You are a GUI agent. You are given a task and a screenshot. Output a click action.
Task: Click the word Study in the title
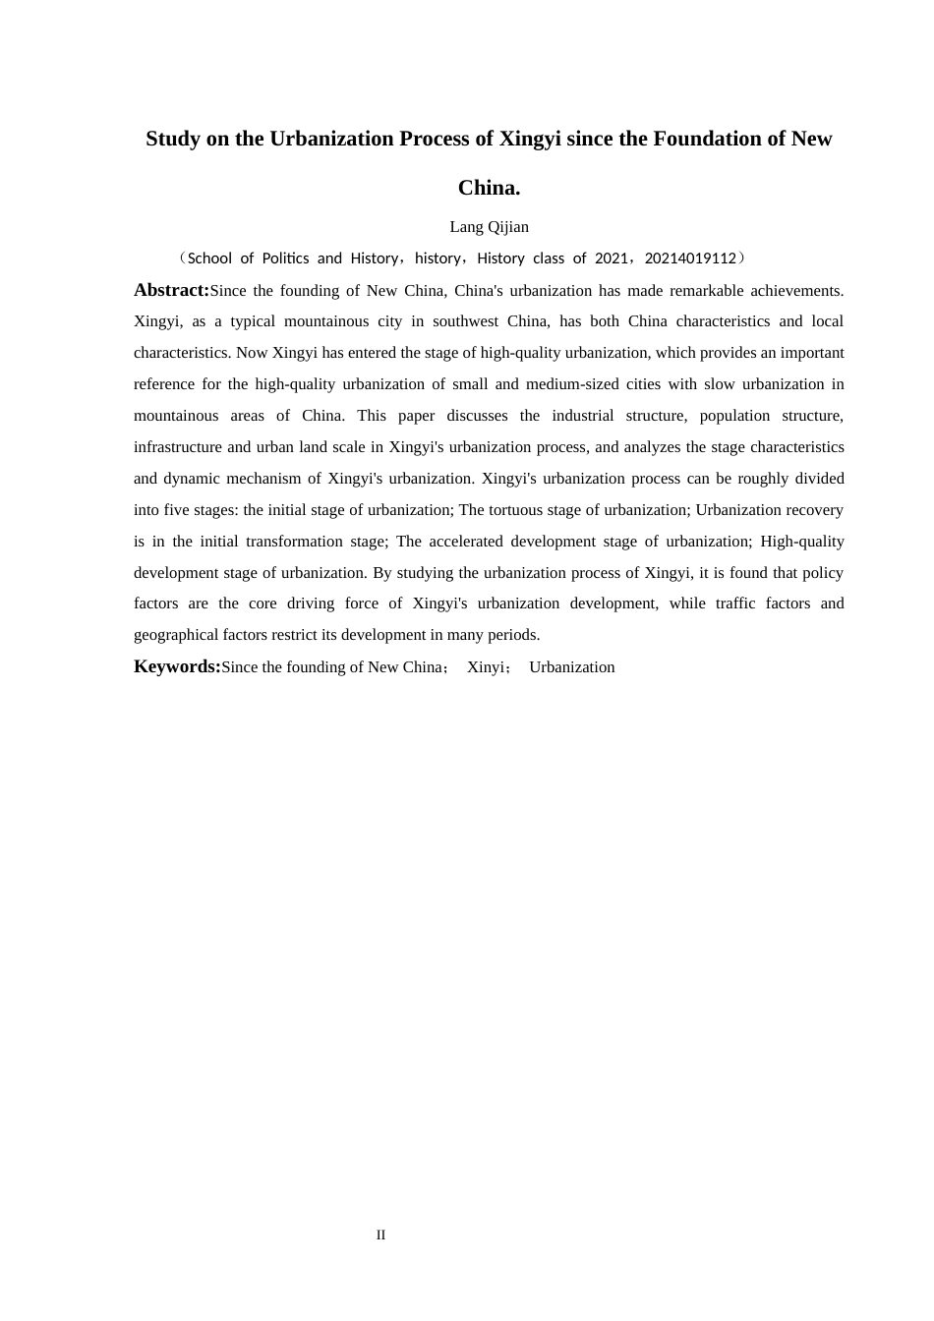pyautogui.click(x=173, y=139)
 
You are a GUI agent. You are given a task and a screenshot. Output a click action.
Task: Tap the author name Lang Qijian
pyautogui.click(x=489, y=227)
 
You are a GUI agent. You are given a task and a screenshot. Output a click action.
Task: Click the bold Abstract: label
pyautogui.click(x=171, y=290)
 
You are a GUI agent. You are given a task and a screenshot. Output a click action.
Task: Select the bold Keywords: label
pyautogui.click(x=177, y=666)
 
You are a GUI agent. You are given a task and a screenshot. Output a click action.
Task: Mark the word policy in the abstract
pyautogui.click(x=822, y=573)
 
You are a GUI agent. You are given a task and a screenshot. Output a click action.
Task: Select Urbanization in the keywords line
pyautogui.click(x=571, y=667)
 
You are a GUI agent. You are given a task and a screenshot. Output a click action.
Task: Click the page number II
pyautogui.click(x=380, y=1235)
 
